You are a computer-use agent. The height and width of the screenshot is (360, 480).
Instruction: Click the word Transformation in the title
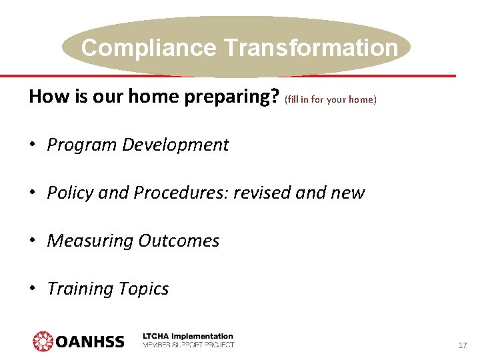point(311,48)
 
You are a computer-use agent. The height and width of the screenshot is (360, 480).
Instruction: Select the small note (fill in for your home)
point(331,99)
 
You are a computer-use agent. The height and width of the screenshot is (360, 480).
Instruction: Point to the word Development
point(175,145)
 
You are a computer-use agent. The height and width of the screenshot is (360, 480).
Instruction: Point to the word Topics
point(143,289)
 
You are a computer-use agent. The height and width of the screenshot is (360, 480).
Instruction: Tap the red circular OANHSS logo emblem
point(43,341)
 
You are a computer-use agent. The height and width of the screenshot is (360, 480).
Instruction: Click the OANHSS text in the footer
point(90,342)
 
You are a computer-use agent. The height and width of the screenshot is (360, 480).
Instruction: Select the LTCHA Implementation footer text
point(188,337)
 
